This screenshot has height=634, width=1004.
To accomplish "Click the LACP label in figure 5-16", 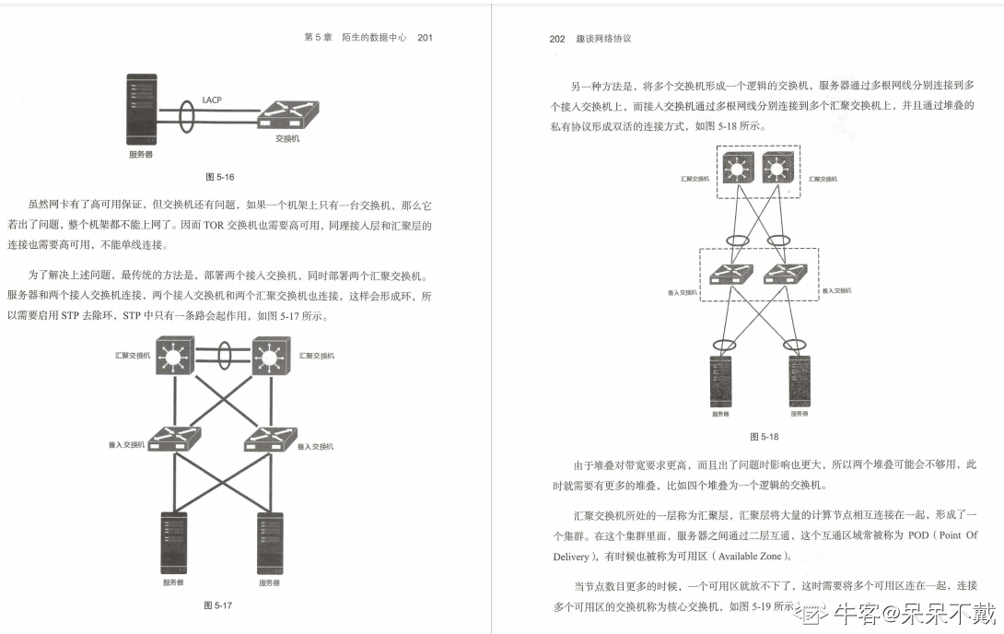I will [x=212, y=99].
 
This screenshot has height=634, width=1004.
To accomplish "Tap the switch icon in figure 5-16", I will [x=287, y=115].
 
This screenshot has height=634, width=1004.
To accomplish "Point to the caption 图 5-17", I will [x=217, y=605].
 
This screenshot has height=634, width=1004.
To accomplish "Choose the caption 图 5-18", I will [x=764, y=437].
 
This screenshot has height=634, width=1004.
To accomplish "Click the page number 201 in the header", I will [x=425, y=38].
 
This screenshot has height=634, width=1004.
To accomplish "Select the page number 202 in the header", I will [x=556, y=39].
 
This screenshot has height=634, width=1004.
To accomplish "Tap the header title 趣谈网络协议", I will [x=603, y=39].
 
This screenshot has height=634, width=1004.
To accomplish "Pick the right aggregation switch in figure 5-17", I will [x=270, y=356].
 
